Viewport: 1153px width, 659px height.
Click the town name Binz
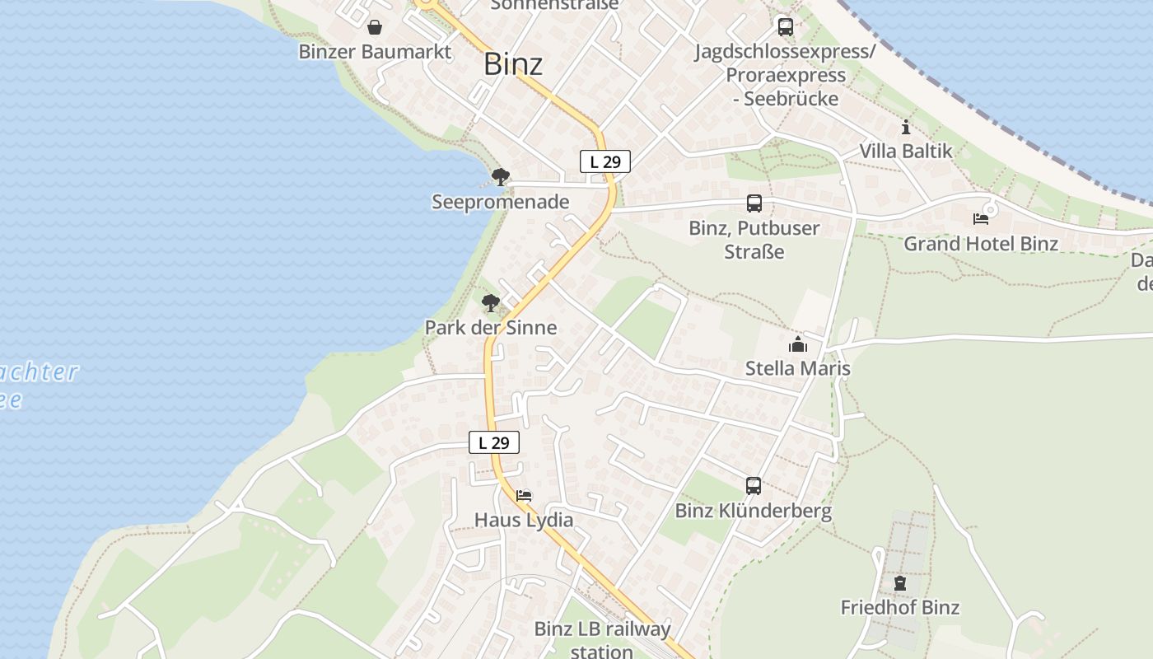(512, 64)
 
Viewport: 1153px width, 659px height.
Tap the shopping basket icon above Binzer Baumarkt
(375, 28)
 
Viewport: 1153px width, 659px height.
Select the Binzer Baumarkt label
(375, 52)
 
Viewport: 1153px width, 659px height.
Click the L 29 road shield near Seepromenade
(605, 162)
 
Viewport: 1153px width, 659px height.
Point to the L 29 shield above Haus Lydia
(494, 442)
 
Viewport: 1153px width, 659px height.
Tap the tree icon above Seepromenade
(500, 176)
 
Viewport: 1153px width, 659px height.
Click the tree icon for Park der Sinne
(491, 303)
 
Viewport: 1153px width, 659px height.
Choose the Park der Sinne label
(491, 327)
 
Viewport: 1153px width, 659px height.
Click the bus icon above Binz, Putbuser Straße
(754, 203)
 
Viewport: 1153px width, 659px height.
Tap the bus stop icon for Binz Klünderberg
(754, 486)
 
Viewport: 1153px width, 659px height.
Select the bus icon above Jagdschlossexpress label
(785, 27)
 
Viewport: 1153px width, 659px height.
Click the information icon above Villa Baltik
(906, 127)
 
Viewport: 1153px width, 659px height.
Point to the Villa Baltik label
(906, 151)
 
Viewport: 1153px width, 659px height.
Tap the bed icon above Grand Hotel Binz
(980, 219)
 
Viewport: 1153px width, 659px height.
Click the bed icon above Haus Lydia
(524, 496)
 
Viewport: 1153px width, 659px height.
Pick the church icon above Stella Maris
(797, 344)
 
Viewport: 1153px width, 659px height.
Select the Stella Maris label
(797, 368)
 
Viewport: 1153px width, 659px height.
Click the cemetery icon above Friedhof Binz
(899, 583)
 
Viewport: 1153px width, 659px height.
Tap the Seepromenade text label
(501, 202)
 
